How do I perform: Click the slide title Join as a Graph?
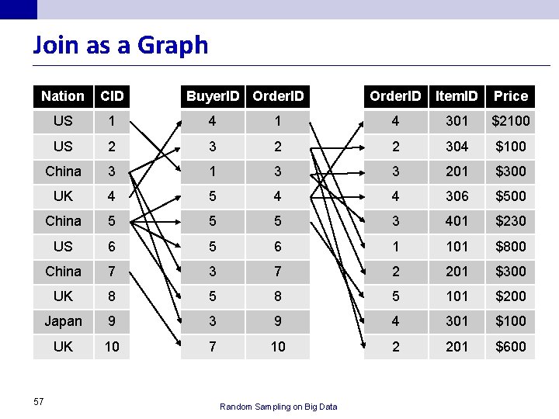120,45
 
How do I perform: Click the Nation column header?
63,96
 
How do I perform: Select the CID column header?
112,96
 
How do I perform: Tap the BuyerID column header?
213,96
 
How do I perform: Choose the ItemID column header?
457,96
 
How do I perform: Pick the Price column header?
511,96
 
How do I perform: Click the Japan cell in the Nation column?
63,321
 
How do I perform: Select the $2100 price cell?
511,121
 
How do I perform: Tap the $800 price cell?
511,247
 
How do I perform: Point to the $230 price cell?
511,221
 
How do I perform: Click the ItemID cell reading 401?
457,221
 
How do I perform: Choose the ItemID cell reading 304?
457,147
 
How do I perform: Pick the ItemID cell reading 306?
457,196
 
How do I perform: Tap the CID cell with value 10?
112,347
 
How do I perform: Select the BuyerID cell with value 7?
213,347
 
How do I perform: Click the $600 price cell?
511,347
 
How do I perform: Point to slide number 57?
39,402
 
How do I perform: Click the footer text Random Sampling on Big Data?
279,407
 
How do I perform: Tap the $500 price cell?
511,196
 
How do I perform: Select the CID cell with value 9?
112,321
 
